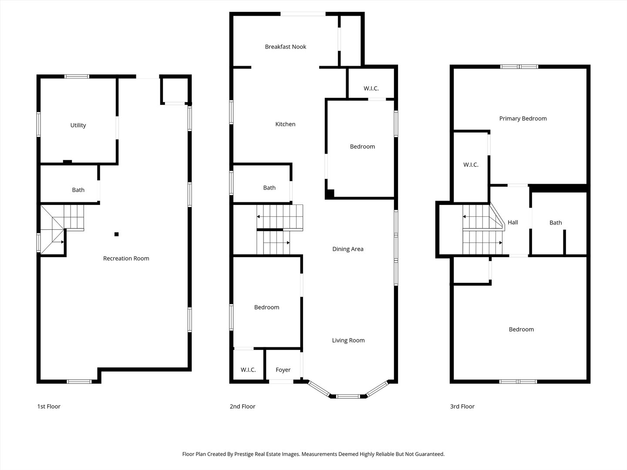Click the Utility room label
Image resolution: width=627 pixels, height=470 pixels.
click(78, 125)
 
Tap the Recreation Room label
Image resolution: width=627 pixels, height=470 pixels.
click(126, 258)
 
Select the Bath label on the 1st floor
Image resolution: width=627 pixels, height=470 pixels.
click(78, 190)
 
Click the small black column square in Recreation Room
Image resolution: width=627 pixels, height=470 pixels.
click(116, 235)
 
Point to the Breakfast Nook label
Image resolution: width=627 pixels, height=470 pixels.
click(285, 47)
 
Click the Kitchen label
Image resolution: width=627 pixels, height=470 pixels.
click(285, 124)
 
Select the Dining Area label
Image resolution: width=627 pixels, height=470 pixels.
click(347, 249)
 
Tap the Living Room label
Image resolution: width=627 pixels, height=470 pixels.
click(348, 341)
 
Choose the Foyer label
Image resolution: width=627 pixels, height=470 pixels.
click(283, 370)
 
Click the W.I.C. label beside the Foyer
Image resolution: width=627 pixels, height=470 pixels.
click(248, 370)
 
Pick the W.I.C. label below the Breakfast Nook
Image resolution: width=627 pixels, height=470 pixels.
click(371, 89)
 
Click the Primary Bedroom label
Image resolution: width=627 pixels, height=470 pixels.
click(522, 119)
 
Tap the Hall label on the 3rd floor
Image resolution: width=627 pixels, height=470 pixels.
click(512, 223)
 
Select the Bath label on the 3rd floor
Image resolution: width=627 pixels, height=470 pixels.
click(555, 223)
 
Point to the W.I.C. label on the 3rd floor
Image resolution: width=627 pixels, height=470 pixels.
click(470, 165)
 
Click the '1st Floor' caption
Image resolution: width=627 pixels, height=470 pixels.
click(49, 406)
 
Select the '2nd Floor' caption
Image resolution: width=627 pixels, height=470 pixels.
click(243, 406)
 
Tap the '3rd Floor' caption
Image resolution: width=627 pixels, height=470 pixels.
click(462, 406)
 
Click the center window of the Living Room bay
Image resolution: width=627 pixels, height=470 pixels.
click(348, 396)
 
